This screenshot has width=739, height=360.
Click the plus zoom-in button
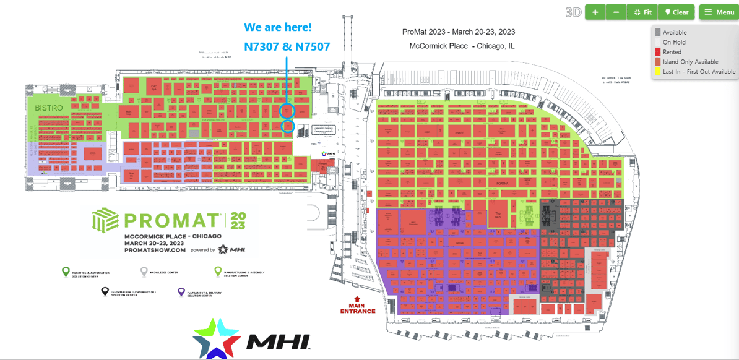pos(595,12)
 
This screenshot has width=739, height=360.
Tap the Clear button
pos(676,12)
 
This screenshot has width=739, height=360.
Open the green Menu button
pos(719,12)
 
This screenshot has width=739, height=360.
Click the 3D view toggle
pos(573,12)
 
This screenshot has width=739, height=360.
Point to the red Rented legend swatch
pos(657,52)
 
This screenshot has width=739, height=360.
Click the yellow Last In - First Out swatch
pos(657,72)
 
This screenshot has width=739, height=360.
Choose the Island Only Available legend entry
pos(690,62)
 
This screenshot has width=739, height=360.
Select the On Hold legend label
pos(674,42)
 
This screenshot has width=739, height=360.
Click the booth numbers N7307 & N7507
pos(287,46)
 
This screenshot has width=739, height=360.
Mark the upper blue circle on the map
pos(287,111)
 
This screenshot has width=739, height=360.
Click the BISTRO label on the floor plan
pos(49,108)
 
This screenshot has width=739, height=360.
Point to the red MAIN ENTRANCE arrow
pos(357,299)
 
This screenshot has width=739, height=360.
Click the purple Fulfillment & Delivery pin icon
pos(181,292)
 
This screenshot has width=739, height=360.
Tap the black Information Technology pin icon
pos(105,291)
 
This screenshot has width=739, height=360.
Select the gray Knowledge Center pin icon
pos(144,272)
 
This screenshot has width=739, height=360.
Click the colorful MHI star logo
pos(216,338)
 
